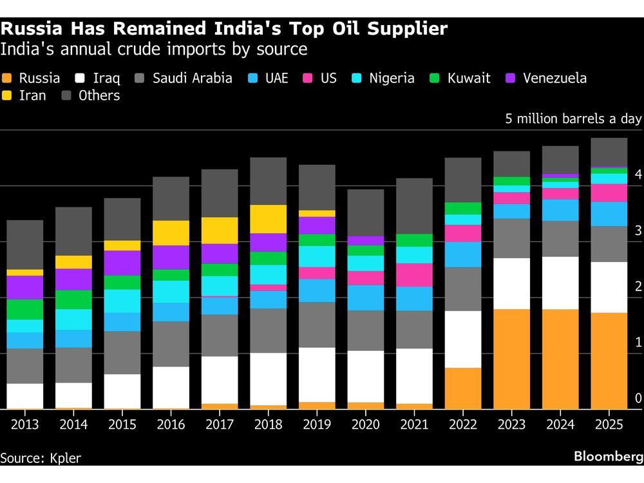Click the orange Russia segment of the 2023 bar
tap(511, 359)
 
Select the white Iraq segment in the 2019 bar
tap(316, 375)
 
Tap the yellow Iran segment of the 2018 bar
tap(267, 219)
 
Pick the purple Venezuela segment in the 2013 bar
tap(24, 287)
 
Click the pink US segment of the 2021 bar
tap(413, 275)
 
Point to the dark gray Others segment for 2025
tap(609, 152)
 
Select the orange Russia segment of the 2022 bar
tap(462, 388)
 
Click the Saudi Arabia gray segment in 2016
tap(171, 344)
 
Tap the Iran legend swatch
tap(8, 96)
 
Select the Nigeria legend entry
tap(384, 79)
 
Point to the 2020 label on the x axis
tap(365, 425)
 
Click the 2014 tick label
tap(73, 425)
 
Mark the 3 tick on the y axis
tap(638, 231)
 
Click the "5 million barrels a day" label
tap(573, 119)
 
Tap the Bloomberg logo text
tap(608, 457)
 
